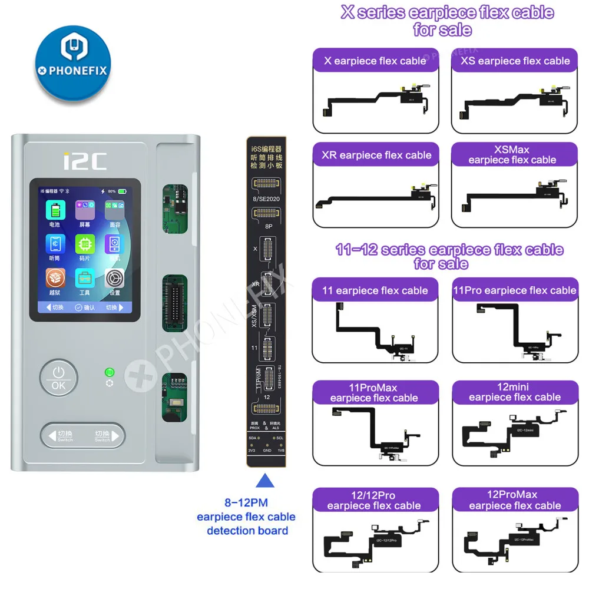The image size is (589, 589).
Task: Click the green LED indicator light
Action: tap(108, 372)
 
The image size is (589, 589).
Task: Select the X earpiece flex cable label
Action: tap(375, 61)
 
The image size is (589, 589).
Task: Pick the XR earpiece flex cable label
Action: tap(375, 155)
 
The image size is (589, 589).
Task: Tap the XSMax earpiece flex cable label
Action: tap(512, 155)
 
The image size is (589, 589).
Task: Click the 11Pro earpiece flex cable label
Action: tap(514, 290)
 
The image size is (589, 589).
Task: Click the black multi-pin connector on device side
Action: tap(174, 302)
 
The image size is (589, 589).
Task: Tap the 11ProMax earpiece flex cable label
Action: tap(374, 393)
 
